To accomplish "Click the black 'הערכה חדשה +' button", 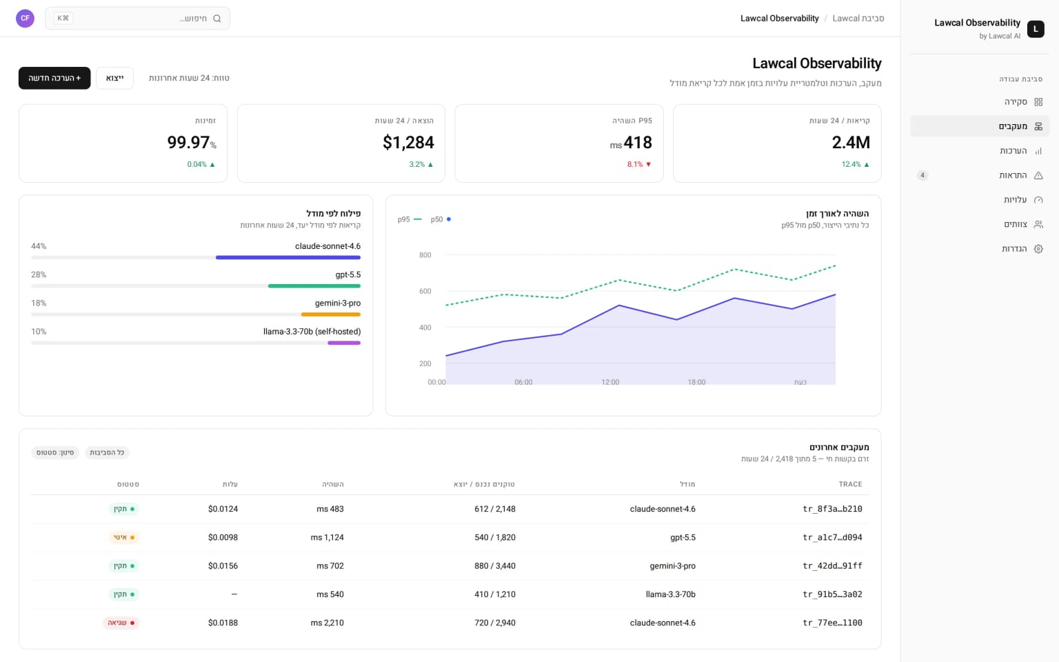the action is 54,78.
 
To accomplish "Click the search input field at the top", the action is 138,19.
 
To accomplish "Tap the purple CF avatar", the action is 25,19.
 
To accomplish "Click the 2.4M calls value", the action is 851,142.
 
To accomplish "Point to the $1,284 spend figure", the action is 408,142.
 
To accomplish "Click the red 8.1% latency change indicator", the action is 639,165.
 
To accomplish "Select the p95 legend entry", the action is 410,219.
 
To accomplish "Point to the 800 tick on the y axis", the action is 425,255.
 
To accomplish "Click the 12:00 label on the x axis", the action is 610,382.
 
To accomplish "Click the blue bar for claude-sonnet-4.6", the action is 288,258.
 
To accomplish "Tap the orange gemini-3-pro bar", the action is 330,314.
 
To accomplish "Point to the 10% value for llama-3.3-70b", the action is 39,332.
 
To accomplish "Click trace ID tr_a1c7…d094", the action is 832,537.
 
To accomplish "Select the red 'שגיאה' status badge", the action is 121,623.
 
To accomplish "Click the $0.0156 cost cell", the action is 223,565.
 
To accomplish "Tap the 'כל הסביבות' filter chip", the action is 107,452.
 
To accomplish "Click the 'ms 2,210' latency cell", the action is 327,623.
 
